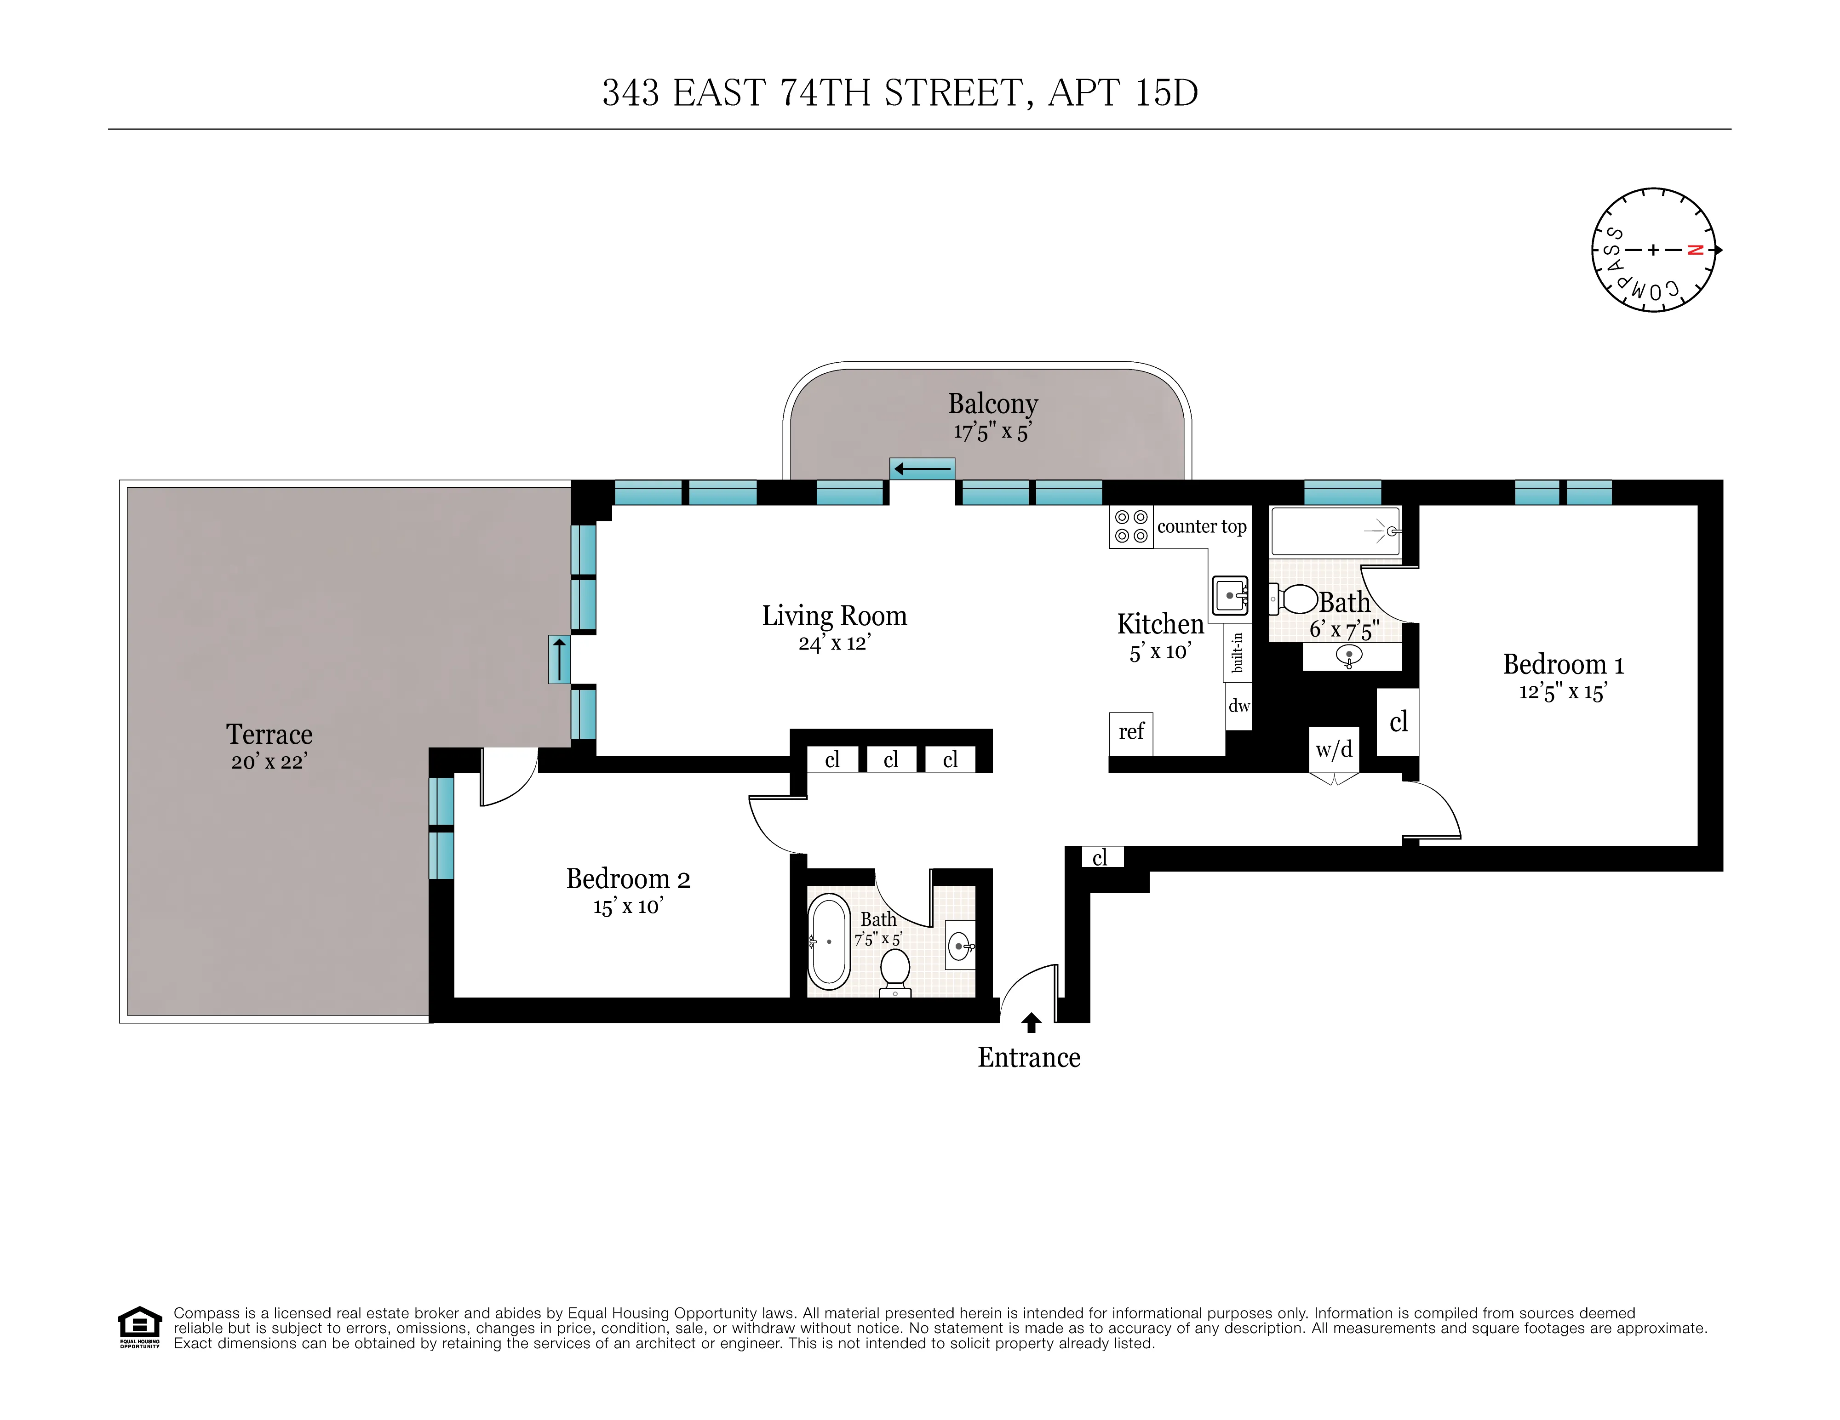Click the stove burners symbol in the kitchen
coord(1130,526)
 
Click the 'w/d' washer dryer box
coord(1334,749)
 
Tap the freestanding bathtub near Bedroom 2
coord(829,941)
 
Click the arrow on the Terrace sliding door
coord(559,659)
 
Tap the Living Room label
coord(834,616)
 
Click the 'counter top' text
coord(1201,526)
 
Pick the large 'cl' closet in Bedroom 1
coord(1398,722)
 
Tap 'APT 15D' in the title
coord(1122,93)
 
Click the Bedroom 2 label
coord(628,878)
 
